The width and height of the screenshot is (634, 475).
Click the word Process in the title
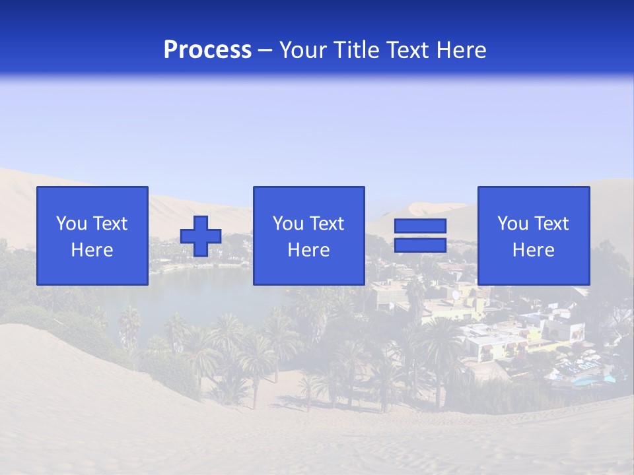[x=207, y=50]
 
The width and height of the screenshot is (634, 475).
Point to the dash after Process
[x=265, y=51]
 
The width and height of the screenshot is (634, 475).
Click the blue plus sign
[x=201, y=236]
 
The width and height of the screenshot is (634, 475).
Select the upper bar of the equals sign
[x=420, y=226]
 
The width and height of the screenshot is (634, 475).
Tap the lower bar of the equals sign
[x=420, y=245]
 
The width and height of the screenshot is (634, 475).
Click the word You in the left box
[x=72, y=224]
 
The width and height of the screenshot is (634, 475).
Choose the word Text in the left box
[x=110, y=224]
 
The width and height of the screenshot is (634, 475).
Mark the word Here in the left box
[x=92, y=250]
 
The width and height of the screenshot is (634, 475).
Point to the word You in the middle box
[x=289, y=224]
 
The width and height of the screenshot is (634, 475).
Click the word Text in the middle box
[x=326, y=224]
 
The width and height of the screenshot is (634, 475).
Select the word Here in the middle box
[x=308, y=250]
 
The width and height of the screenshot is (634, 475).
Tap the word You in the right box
[x=513, y=224]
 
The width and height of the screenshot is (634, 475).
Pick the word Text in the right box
[x=551, y=224]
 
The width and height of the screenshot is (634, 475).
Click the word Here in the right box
[x=533, y=250]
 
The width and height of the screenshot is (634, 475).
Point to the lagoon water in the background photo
[x=198, y=297]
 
